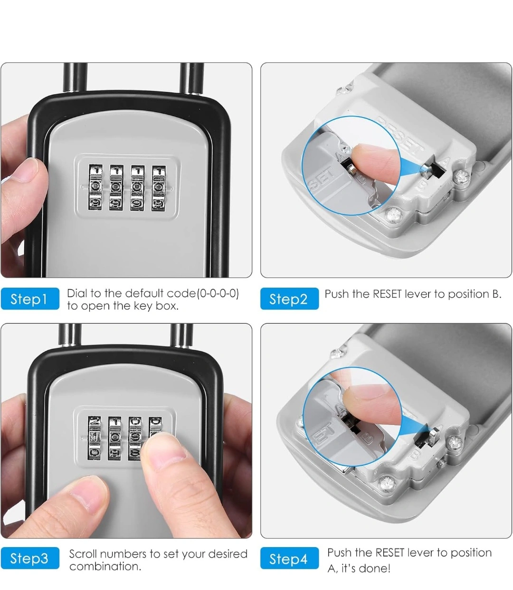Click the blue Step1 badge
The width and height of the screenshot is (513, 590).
click(30, 299)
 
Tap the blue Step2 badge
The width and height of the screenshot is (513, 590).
click(289, 299)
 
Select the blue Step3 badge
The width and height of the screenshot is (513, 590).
click(30, 558)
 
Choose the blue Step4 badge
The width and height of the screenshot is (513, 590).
click(289, 558)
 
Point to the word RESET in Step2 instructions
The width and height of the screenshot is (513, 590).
click(387, 294)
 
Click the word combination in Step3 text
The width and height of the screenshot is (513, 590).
click(105, 566)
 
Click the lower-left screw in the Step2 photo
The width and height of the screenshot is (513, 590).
click(393, 215)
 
